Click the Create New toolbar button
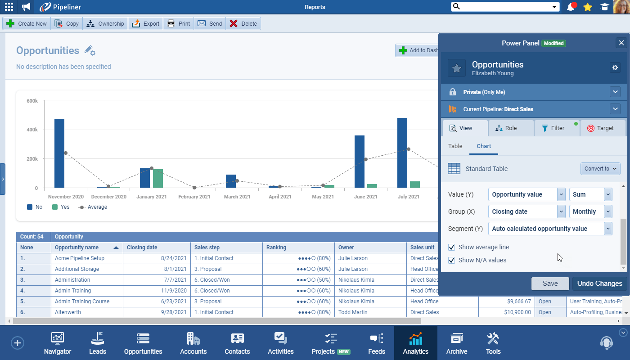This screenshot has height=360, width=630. coord(27,24)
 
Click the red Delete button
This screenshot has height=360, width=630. coord(243,24)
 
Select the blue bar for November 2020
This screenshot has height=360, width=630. coord(59,153)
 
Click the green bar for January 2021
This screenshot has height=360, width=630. coord(157,178)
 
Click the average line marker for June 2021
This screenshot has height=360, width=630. coord(366,159)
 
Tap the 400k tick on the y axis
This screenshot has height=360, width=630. coord(32,130)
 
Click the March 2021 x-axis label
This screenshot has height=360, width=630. coord(237,197)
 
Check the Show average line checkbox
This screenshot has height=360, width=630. coord(452,247)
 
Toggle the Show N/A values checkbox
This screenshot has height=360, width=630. coord(452,260)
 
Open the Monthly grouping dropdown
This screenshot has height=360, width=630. coord(590,211)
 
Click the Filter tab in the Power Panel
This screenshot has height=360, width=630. coord(557,128)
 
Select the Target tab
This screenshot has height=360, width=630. coord(603,128)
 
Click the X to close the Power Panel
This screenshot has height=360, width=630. coord(621,43)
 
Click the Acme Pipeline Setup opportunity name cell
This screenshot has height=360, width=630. coord(80,258)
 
